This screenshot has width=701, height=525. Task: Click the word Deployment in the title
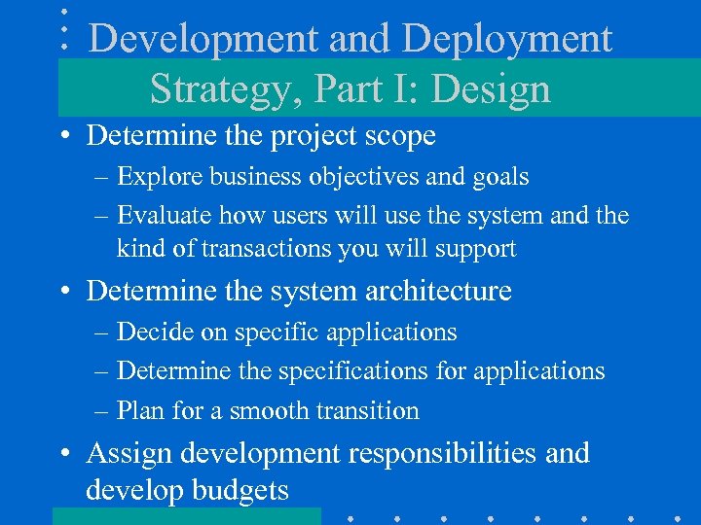[507, 40]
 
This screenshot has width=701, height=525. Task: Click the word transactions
[269, 249]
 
